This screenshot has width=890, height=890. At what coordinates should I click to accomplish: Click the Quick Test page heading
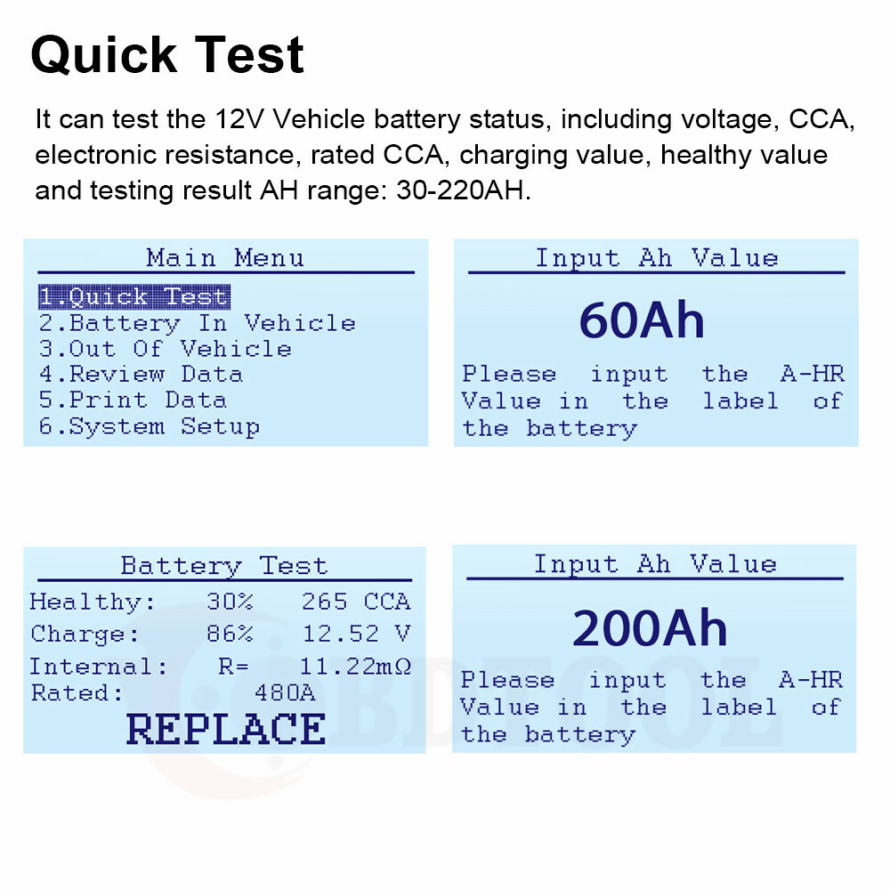pos(167,55)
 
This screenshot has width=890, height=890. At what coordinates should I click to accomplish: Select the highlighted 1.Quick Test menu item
pos(133,297)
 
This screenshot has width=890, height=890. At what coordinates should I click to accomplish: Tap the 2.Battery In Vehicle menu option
pos(197,323)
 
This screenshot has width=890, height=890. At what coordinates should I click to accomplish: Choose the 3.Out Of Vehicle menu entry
pos(165,349)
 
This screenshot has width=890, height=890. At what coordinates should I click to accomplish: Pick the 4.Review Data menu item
pos(141,375)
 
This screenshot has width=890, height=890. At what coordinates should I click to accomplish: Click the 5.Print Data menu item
pos(133,400)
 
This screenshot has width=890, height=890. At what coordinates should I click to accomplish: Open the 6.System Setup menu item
pos(149,426)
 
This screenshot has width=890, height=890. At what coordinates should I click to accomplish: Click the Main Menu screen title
pos(225,258)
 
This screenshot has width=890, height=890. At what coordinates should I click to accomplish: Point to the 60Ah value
pos(642,321)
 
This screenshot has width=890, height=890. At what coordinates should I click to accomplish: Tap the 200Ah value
pos(650,628)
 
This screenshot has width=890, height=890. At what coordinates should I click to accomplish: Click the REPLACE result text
pos(225,729)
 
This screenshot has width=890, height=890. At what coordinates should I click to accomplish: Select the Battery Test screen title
pos(223,566)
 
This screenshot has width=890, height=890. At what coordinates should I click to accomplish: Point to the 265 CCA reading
pos(356,603)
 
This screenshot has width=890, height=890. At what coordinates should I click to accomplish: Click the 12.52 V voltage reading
pos(356,635)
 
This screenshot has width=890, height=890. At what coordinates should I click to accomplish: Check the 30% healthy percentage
pos(230,603)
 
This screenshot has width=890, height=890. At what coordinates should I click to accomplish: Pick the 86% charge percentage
pos(230,635)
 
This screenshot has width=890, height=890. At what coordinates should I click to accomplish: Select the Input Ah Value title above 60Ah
pos(657,258)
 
